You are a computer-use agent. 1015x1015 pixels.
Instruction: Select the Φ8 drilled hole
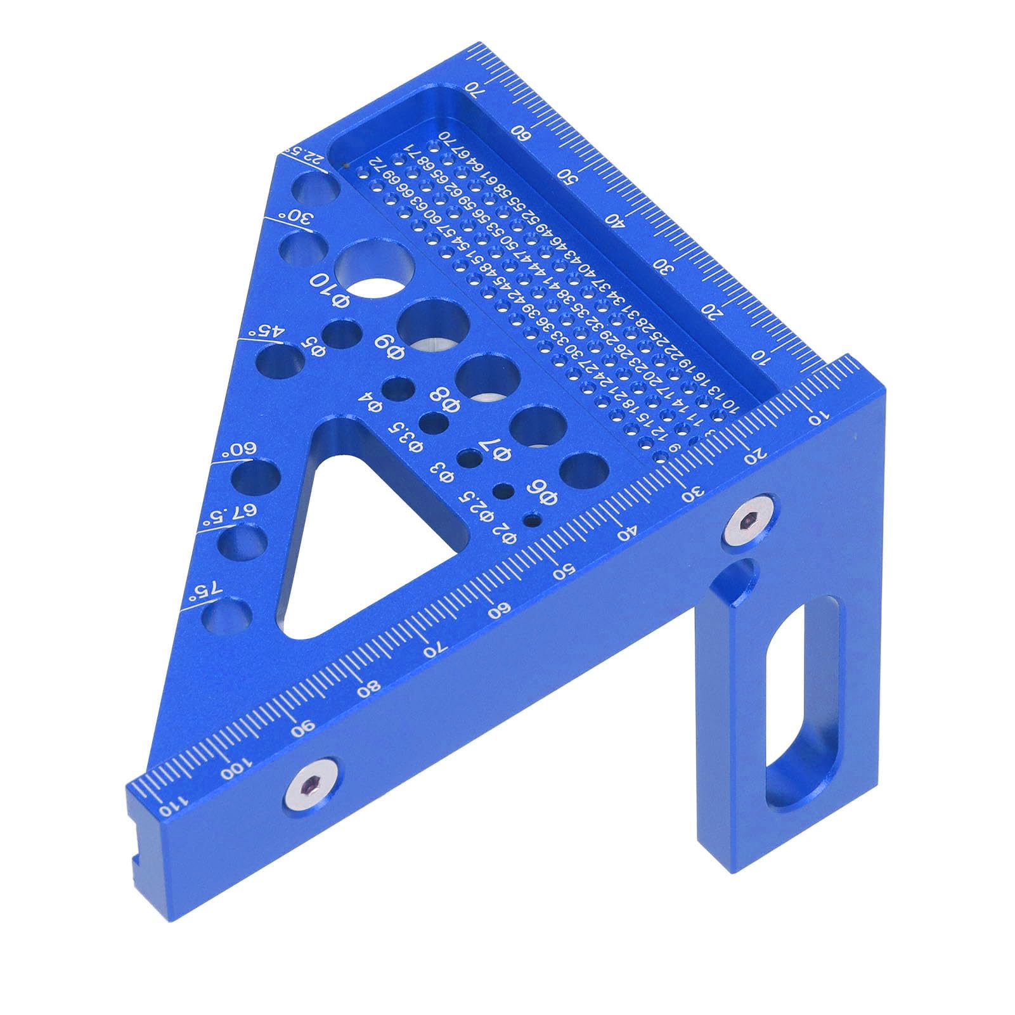click(x=488, y=379)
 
